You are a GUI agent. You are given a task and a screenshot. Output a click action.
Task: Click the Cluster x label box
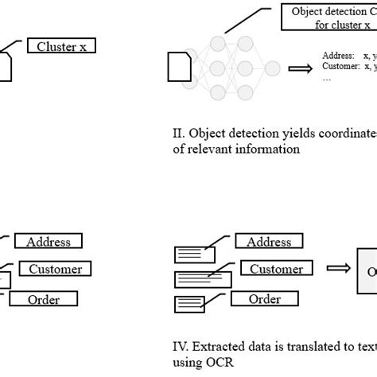coord(60,47)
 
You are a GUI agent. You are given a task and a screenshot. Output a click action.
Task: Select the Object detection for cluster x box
coord(329,18)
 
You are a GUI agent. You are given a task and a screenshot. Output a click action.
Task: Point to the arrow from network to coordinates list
coord(301,68)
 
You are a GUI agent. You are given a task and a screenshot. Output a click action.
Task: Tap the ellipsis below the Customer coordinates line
coord(327,79)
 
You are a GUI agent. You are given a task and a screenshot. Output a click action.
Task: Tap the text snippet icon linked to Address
coord(194,255)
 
